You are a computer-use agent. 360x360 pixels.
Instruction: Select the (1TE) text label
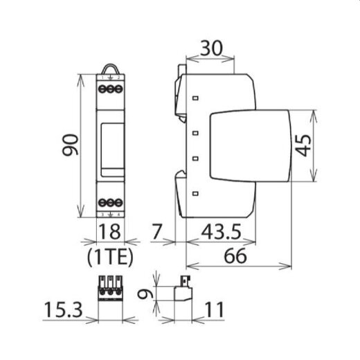(x=109, y=260)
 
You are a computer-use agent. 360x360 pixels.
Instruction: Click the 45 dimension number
(x=330, y=145)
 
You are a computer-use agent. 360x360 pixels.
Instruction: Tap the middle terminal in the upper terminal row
(x=110, y=90)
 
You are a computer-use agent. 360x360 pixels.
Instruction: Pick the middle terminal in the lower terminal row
(x=110, y=202)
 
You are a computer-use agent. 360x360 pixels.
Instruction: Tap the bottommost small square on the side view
(x=197, y=192)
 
